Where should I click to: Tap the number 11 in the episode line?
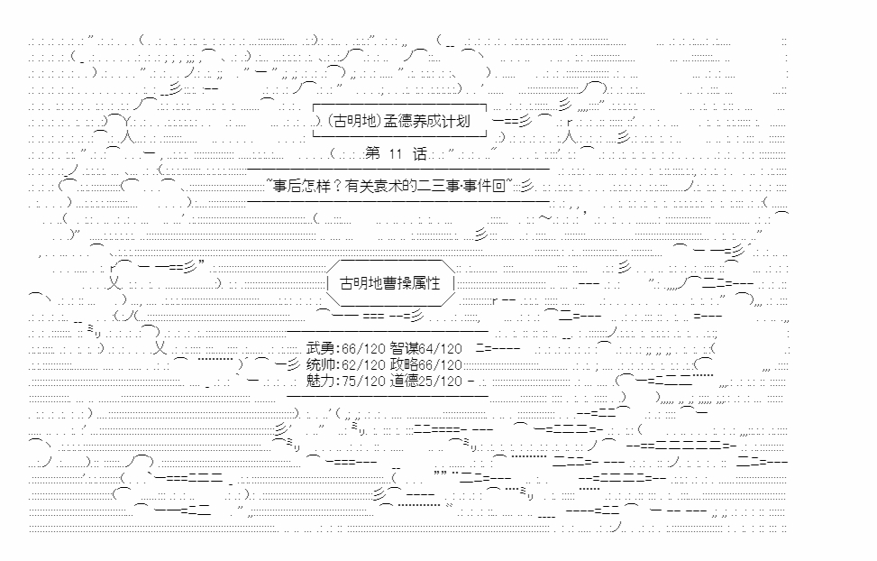pyautogui.click(x=396, y=154)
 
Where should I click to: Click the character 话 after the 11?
pyautogui.click(x=419, y=154)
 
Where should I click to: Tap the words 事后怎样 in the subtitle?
pyautogui.click(x=301, y=186)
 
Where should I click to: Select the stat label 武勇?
pyautogui.click(x=321, y=349)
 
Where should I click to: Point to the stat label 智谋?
pyautogui.click(x=405, y=349)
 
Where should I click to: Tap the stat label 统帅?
pyautogui.click(x=321, y=365)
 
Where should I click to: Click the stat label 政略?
pyautogui.click(x=405, y=365)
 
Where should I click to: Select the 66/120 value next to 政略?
pyautogui.click(x=441, y=365)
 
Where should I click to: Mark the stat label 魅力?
pyautogui.click(x=321, y=382)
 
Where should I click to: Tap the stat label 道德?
pyautogui.click(x=405, y=382)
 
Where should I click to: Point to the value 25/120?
pyautogui.click(x=441, y=382)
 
